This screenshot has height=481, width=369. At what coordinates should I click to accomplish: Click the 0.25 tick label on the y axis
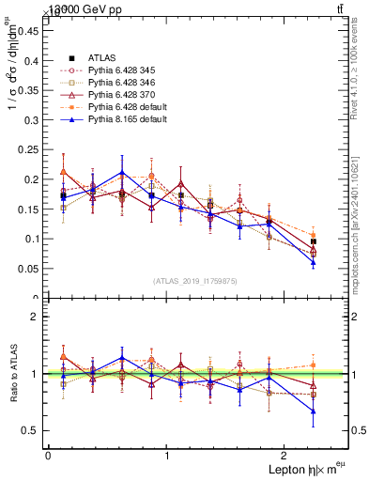[28, 149]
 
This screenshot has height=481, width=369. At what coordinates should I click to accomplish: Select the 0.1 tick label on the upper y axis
[31, 239]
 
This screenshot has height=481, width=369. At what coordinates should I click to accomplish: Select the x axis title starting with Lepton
[303, 469]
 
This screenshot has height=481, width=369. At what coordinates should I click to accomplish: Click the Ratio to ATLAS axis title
[11, 373]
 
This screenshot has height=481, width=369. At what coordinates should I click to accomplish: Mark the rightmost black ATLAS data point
[314, 241]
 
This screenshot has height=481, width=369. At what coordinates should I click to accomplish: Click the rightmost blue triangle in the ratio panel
[314, 411]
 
